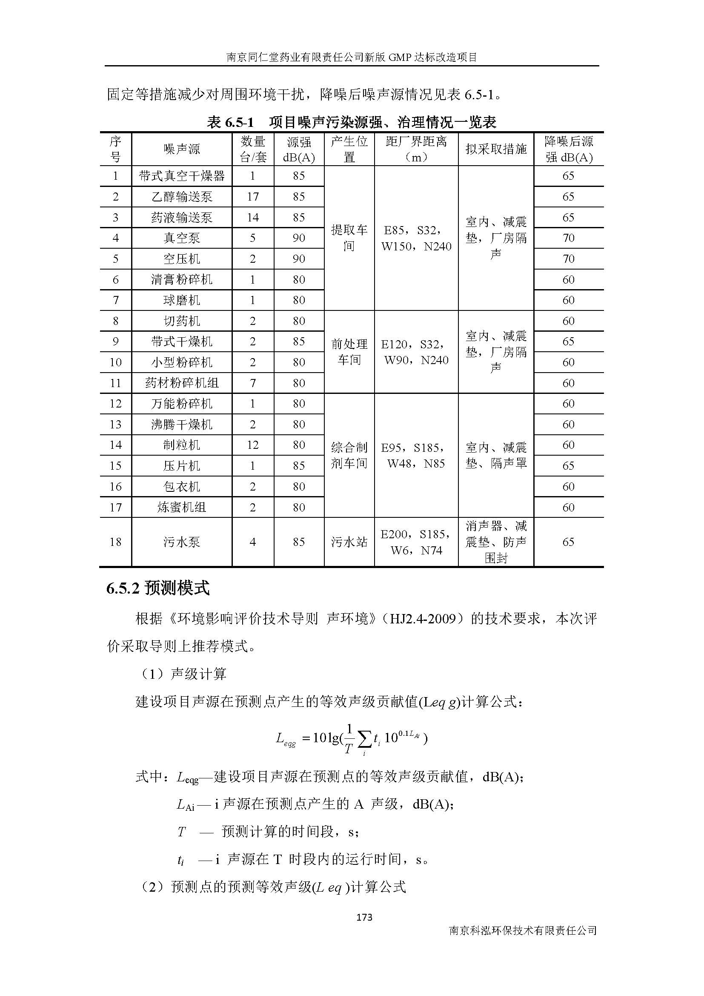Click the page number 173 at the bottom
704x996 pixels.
pos(363,917)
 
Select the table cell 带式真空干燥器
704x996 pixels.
pos(182,176)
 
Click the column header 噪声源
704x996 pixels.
pos(182,149)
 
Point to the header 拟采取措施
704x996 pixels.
pos(495,149)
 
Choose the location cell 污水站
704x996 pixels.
pos(349,542)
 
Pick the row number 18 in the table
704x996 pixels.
pos(115,542)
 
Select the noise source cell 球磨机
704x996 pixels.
pos(182,300)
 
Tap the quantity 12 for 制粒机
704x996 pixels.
pos(253,445)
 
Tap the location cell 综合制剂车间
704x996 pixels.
pos(349,456)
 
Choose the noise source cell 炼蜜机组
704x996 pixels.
pos(182,507)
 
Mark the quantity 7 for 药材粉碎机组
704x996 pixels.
pos(253,383)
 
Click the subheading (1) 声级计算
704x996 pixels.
pos(182,674)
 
